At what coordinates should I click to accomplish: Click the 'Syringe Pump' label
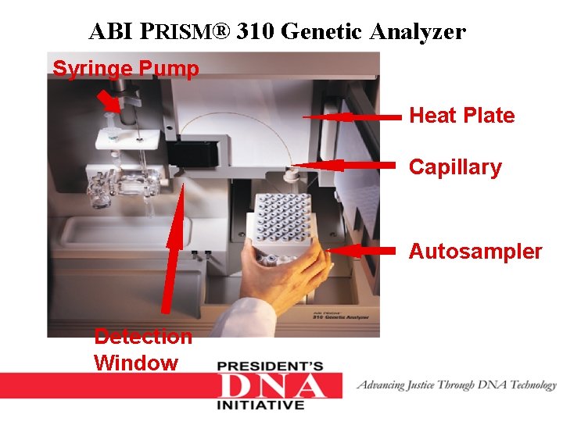pos(125,69)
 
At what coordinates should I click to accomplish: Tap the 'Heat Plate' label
pos(461,116)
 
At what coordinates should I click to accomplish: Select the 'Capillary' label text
pos(455,167)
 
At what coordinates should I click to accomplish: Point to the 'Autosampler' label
pos(475,252)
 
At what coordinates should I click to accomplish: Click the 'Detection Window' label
pos(142,349)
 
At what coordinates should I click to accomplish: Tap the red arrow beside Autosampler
pos(364,250)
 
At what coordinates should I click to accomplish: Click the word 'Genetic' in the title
pos(323,32)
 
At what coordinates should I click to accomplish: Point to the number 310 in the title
pos(255,32)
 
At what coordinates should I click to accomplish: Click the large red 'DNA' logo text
pos(272,386)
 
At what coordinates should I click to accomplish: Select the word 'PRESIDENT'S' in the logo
pos(270,367)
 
